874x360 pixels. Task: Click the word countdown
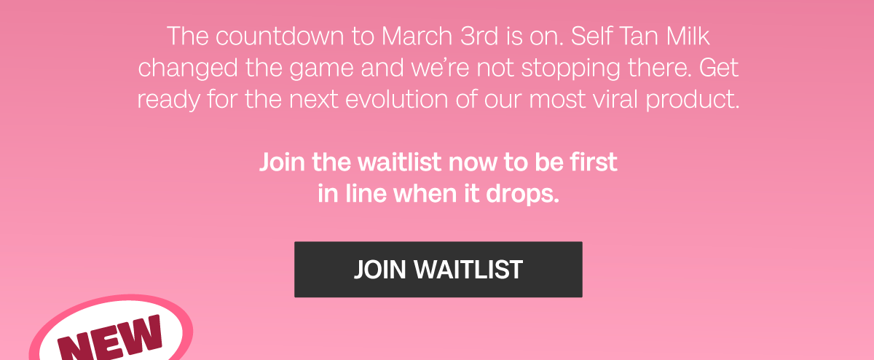pos(280,36)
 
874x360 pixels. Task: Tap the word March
pos(417,36)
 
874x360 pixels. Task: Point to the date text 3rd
pos(479,36)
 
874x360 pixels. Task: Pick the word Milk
pos(688,36)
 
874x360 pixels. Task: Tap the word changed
pos(188,68)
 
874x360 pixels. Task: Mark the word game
pos(321,69)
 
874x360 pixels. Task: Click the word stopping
pos(571,69)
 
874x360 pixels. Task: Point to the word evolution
pos(397,99)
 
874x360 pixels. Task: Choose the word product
pos(693,100)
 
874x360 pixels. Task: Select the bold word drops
pos(522,194)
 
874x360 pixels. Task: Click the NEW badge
pos(111,332)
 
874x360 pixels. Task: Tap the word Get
pos(719,68)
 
